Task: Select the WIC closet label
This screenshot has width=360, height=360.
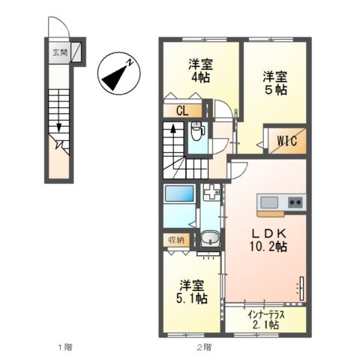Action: pos(286,139)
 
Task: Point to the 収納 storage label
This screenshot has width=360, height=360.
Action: pos(176,240)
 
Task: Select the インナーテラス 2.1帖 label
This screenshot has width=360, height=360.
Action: pos(266,320)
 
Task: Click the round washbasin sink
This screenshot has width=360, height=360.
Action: pos(211,240)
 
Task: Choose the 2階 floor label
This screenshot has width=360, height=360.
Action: pos(205,346)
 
